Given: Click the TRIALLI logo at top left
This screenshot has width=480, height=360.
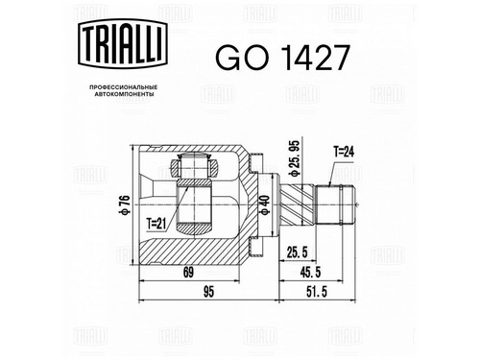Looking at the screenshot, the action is pos(123,43).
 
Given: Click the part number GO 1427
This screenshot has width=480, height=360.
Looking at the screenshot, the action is pos(282,58).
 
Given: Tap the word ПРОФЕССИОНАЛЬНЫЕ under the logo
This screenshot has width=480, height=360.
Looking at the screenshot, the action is pos(123,87).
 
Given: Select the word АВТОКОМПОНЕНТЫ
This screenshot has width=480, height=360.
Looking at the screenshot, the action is pos(123,94).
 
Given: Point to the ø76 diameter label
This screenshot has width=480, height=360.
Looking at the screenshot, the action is pos(125,204).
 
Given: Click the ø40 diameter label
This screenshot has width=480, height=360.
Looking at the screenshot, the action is pos(265,204).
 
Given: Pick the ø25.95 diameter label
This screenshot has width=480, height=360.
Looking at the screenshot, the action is pos(294,158).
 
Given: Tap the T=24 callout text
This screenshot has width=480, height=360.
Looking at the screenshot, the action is pos(344,152).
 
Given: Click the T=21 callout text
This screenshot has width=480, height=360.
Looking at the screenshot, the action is pos(156,224).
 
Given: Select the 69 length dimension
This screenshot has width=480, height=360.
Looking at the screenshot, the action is pos(188,273).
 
